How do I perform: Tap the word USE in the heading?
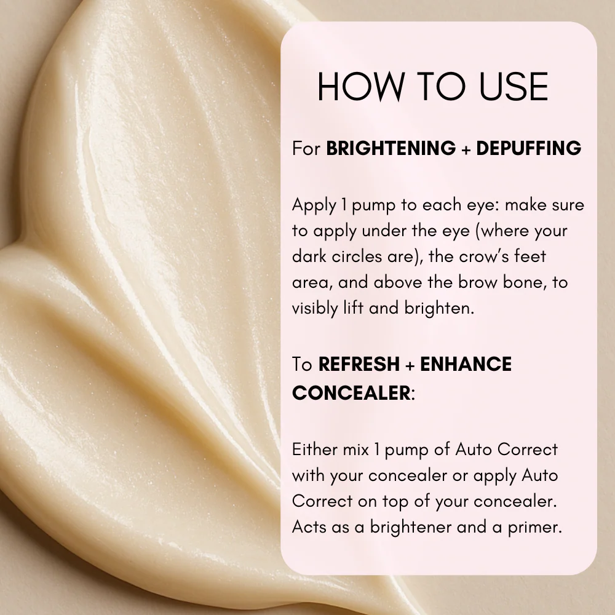[x=512, y=87]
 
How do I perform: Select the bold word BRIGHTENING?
[x=391, y=149]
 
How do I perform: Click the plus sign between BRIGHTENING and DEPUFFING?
[x=466, y=149]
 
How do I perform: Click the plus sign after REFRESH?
[x=410, y=365]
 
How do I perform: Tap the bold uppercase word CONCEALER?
[x=351, y=392]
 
